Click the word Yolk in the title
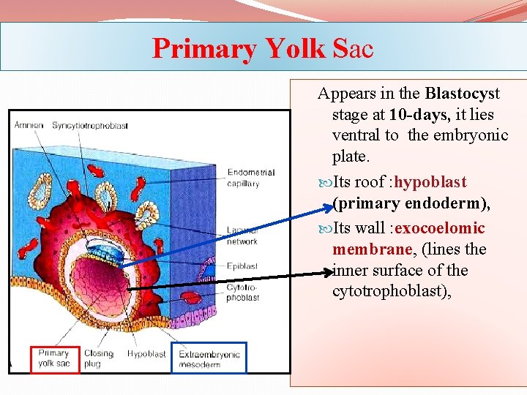[295, 49]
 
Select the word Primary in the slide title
[203, 49]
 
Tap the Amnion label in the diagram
[28, 125]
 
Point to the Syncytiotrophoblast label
[90, 125]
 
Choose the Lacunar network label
[242, 236]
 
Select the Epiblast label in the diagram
[242, 267]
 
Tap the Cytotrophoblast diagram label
[242, 293]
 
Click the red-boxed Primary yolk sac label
[54, 358]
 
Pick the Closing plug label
[98, 358]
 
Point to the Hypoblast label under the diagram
[146, 354]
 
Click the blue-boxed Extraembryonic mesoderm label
[209, 358]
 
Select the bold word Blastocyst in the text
[462, 94]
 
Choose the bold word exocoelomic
[439, 228]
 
